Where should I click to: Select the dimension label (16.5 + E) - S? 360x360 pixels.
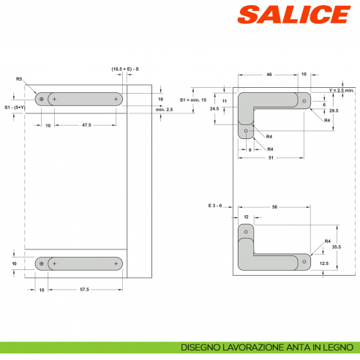click(x=126, y=69)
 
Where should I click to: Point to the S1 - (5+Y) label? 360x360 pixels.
click(x=14, y=108)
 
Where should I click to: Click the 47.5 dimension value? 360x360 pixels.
click(x=86, y=126)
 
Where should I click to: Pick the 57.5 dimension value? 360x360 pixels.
click(x=84, y=290)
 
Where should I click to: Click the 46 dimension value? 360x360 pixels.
click(x=269, y=75)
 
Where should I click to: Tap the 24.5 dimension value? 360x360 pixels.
click(x=214, y=108)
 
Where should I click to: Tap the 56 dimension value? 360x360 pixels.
click(x=274, y=207)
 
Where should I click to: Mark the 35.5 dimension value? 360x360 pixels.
click(x=336, y=247)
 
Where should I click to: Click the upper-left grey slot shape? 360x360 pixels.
click(x=79, y=99)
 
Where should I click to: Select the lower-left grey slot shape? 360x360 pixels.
click(x=79, y=263)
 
